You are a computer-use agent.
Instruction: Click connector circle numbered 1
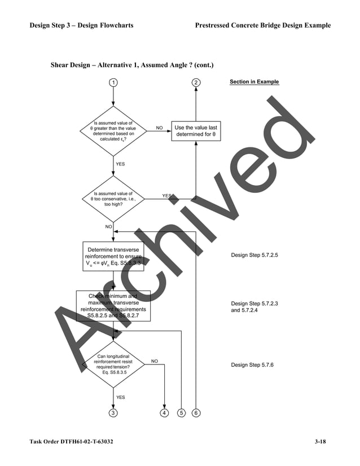(113, 82)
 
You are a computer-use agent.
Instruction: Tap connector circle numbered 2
(196, 82)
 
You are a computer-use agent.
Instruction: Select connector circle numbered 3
(113, 412)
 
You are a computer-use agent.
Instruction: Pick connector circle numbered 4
(164, 412)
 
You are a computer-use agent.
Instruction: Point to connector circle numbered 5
(181, 412)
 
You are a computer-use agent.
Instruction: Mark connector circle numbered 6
(196, 412)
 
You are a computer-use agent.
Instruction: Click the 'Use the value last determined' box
(196, 131)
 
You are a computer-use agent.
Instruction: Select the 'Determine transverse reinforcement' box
(113, 256)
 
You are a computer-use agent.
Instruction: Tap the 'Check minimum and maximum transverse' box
(113, 306)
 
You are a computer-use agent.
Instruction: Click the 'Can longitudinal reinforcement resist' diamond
(113, 364)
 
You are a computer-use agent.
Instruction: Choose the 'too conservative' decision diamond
(113, 199)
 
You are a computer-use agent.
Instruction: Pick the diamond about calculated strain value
(113, 131)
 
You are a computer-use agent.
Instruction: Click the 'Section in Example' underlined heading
(254, 82)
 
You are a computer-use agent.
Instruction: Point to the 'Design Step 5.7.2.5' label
(254, 256)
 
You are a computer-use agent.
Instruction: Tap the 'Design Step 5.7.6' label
(252, 365)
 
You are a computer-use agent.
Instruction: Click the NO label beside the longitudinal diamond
(155, 361)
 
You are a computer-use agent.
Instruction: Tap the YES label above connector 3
(121, 397)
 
